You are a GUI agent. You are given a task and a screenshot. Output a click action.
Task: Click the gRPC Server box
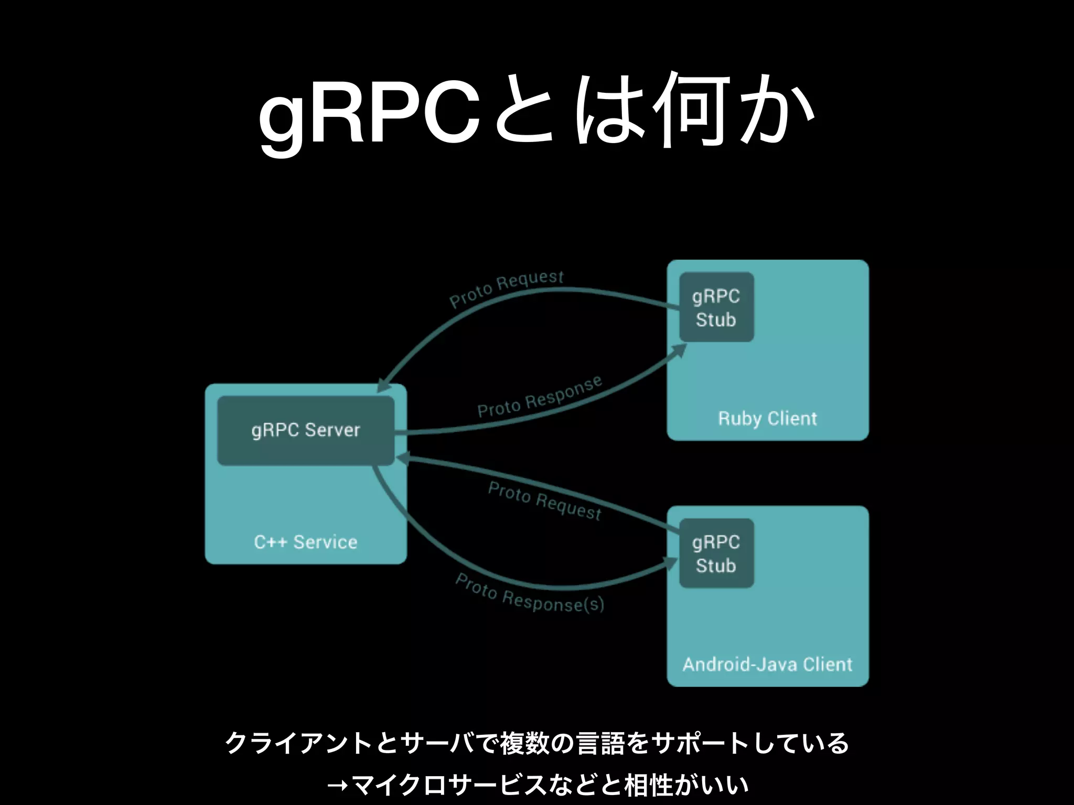click(x=306, y=430)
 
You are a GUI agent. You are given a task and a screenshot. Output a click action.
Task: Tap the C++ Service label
click(x=306, y=542)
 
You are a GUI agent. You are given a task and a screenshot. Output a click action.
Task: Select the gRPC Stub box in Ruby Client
click(x=716, y=308)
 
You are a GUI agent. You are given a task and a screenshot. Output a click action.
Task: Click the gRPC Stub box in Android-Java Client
click(x=716, y=553)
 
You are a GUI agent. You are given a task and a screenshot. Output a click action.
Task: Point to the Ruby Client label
click(x=767, y=418)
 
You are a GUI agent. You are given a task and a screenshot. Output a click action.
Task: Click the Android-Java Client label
click(x=767, y=664)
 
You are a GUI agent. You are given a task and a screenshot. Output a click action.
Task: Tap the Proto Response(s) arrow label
click(x=530, y=594)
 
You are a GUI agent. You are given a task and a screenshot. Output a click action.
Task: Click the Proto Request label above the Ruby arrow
click(x=507, y=288)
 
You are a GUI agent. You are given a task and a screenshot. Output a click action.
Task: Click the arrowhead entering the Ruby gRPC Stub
click(x=680, y=350)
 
